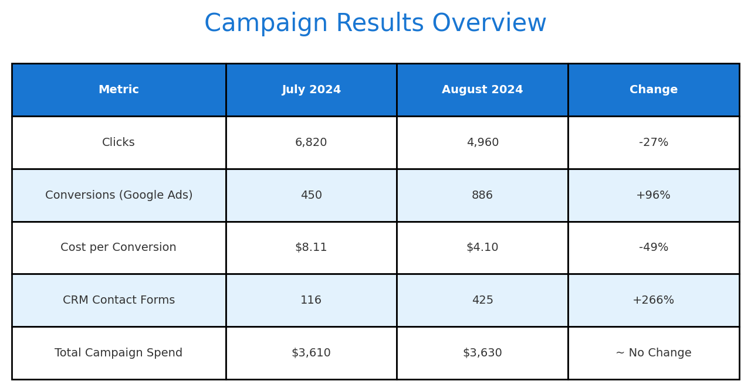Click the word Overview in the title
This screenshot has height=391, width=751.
point(489,23)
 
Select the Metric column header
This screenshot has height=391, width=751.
point(119,90)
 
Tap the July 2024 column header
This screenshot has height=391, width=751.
point(312,90)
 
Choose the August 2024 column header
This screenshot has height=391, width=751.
point(482,90)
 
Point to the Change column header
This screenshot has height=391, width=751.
point(654,90)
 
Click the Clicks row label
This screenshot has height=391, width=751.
point(119,142)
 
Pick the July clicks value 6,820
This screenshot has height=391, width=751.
point(311,142)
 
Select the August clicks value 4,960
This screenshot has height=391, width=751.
point(482,142)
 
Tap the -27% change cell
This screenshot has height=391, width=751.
point(654,142)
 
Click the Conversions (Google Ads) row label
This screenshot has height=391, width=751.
point(119,195)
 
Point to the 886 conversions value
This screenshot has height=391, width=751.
point(482,195)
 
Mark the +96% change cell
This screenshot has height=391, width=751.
point(653,195)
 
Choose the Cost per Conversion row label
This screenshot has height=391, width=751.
point(118,247)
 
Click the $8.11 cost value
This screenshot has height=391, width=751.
point(311,247)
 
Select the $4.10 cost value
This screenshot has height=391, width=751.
point(482,247)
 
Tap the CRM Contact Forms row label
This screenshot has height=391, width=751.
point(119,300)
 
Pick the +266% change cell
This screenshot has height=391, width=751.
point(653,300)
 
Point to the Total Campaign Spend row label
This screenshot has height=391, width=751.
point(119,352)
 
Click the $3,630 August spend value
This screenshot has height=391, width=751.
point(482,352)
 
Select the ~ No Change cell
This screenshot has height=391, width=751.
point(654,352)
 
